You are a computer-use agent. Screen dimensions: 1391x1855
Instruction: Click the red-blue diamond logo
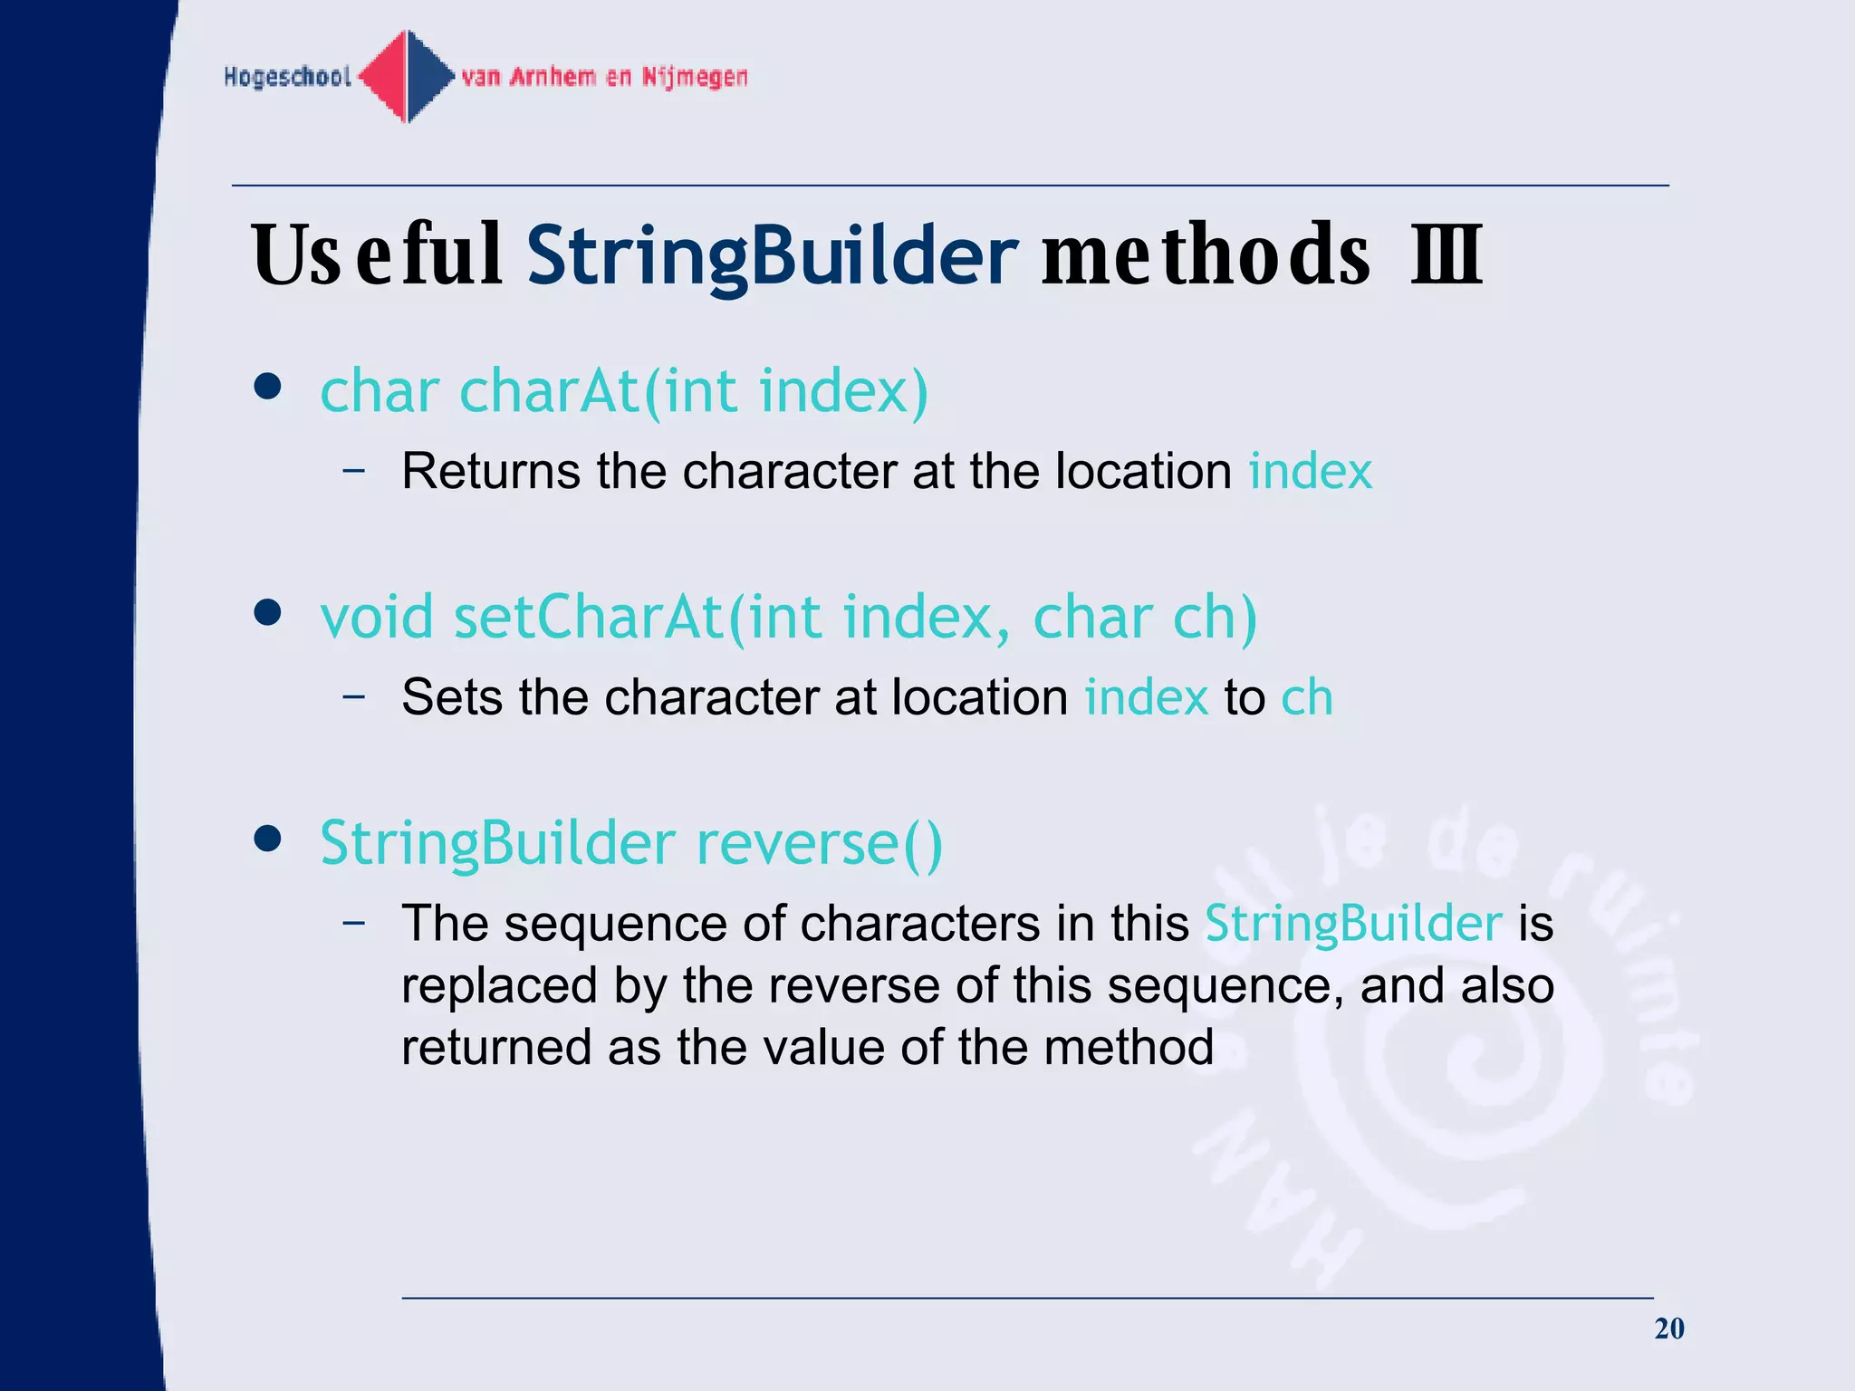[408, 76]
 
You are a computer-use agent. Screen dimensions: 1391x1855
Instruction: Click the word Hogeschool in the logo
[287, 77]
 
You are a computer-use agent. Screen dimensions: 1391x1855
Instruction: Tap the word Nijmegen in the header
[695, 77]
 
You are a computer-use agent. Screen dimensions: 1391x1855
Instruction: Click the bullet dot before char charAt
[267, 388]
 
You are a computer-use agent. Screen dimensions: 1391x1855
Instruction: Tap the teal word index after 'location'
[1310, 471]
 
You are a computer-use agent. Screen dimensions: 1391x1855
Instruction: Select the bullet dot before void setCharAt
[267, 614]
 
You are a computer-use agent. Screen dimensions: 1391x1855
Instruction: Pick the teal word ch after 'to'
[1307, 697]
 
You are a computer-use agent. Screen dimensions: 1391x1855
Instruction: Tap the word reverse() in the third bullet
[819, 844]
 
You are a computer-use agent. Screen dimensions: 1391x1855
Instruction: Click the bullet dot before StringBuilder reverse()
[267, 839]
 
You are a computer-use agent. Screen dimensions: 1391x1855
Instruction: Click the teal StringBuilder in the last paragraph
[1353, 924]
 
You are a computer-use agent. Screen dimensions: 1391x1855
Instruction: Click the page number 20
[1668, 1329]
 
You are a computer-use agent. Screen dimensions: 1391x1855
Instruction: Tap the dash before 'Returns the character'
[354, 471]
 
